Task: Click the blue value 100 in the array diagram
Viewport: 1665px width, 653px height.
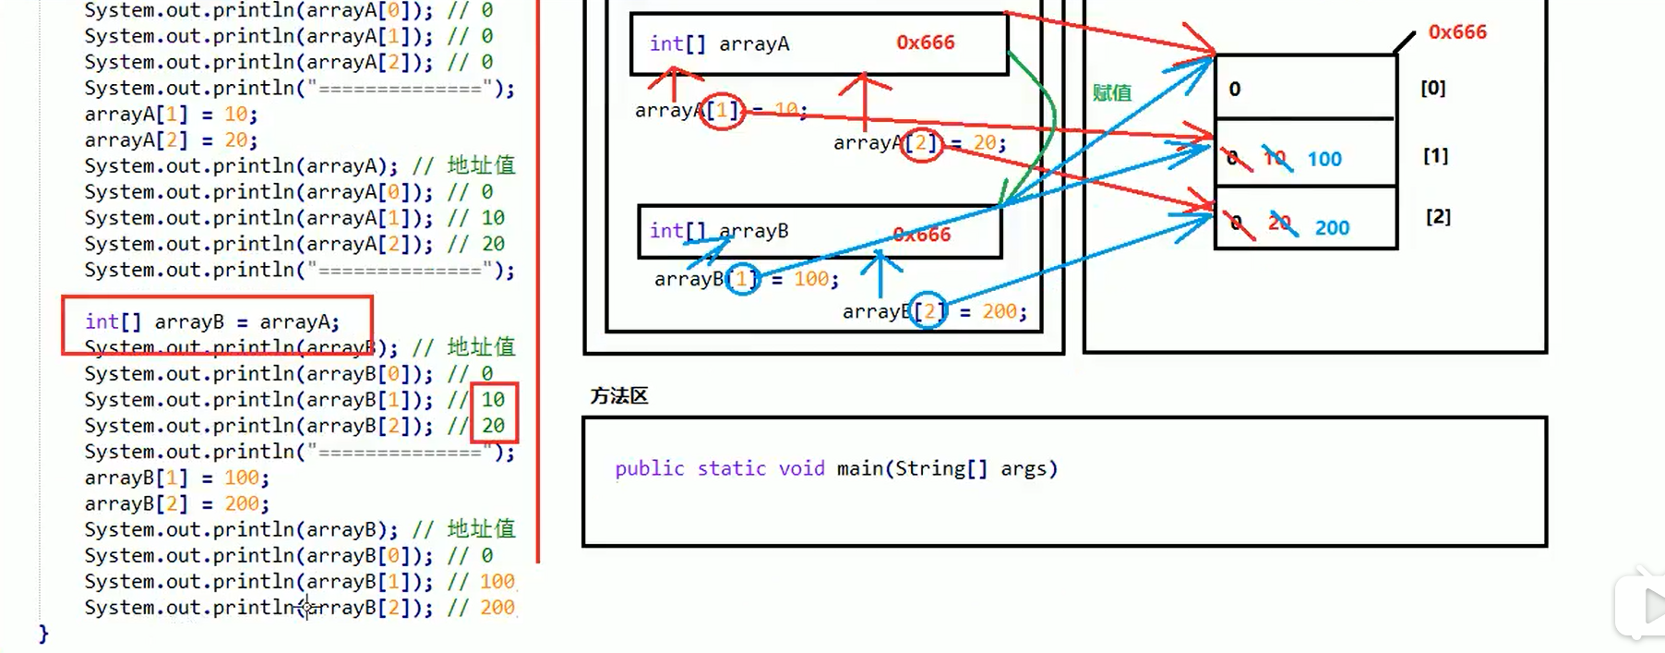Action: click(x=1324, y=159)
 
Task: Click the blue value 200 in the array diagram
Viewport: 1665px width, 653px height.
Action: click(x=1332, y=228)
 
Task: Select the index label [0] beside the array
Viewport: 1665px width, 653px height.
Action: click(x=1432, y=88)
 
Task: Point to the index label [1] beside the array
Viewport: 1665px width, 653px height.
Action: click(x=1435, y=156)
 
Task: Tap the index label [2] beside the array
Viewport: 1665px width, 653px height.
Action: click(x=1438, y=217)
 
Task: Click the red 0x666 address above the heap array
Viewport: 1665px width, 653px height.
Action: click(x=1457, y=32)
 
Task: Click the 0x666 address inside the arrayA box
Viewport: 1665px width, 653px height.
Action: click(x=925, y=42)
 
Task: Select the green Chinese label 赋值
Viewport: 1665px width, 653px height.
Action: click(x=1111, y=92)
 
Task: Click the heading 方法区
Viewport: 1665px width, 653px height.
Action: click(x=619, y=396)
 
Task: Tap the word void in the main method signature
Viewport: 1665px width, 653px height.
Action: click(x=801, y=468)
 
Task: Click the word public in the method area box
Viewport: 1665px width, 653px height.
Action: click(x=650, y=468)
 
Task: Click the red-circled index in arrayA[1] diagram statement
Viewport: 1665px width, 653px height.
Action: click(x=722, y=111)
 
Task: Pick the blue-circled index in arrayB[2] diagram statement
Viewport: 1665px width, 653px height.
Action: click(x=928, y=311)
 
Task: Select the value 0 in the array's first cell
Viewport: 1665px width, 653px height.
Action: click(x=1235, y=90)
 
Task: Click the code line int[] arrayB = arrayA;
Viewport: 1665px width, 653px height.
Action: click(x=212, y=322)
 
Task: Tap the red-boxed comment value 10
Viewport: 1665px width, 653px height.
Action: click(x=493, y=400)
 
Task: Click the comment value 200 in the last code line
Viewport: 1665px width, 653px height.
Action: click(x=497, y=608)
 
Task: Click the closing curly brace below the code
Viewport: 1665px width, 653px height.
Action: click(x=43, y=634)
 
